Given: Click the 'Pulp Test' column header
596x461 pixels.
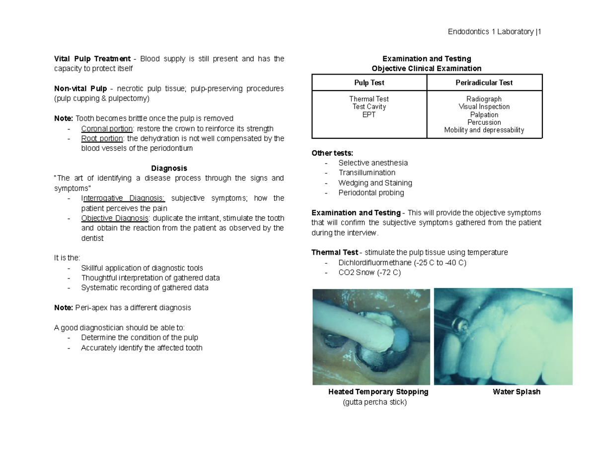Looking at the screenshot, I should [x=369, y=83].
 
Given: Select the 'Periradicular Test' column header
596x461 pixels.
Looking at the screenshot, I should [x=484, y=83].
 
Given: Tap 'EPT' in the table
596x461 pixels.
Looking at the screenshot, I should [x=369, y=114].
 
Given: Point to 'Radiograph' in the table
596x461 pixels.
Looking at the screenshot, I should [x=484, y=99].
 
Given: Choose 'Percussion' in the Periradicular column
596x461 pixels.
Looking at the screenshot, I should [x=484, y=122].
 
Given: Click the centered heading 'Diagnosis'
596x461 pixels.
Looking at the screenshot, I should [x=169, y=168].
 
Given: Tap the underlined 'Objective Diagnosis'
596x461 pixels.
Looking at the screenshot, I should [x=115, y=218].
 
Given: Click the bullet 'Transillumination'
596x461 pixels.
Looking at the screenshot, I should [x=367, y=173].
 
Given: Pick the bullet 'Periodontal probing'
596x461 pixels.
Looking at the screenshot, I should [x=371, y=192].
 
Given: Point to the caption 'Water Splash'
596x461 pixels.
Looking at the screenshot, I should [x=516, y=392].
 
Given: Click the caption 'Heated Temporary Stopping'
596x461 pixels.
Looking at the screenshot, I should [x=378, y=392].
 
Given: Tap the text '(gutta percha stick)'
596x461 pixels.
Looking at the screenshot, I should [x=374, y=402].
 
